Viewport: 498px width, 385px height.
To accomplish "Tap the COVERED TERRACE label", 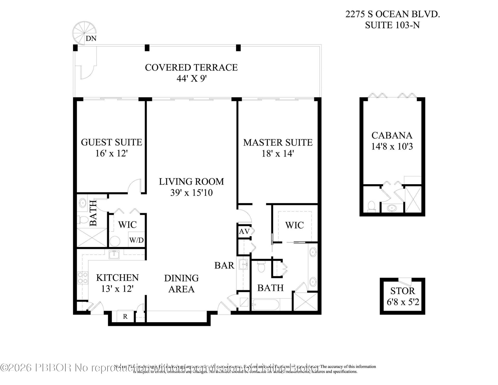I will pos(191,67).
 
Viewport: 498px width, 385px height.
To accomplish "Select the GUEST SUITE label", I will pos(112,142).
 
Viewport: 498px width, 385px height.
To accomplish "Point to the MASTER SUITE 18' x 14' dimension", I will pos(278,154).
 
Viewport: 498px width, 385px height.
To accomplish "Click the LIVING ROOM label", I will pos(191,181).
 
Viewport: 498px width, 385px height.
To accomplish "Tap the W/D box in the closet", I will pos(136,240).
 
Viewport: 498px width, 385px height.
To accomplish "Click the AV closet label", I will pos(244,231).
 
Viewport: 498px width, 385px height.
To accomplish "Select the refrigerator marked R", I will pos(125,317).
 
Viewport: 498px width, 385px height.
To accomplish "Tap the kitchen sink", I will pos(114,255).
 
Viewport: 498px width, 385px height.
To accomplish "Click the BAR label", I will pos(224,265).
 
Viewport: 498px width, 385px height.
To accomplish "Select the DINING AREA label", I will pos(181,283).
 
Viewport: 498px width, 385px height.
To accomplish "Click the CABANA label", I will pos(392,135).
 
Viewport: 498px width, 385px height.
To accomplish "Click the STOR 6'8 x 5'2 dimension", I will pos(403,302).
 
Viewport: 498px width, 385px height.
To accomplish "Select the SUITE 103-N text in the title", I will pos(392,25).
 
